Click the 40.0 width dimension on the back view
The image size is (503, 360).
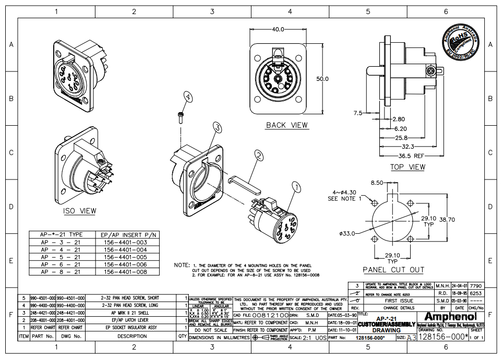[278, 29]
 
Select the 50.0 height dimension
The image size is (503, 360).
[322, 79]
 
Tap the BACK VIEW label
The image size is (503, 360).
[287, 125]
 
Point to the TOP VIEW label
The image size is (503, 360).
[408, 167]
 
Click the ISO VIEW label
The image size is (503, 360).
[79, 211]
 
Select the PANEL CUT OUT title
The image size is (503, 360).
[393, 270]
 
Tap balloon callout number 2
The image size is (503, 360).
[258, 155]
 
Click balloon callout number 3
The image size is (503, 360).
[217, 127]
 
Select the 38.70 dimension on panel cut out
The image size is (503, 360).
[448, 220]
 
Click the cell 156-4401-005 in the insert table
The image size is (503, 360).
[125, 257]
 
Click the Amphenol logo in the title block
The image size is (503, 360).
[451, 317]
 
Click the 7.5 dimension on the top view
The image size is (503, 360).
[357, 113]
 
